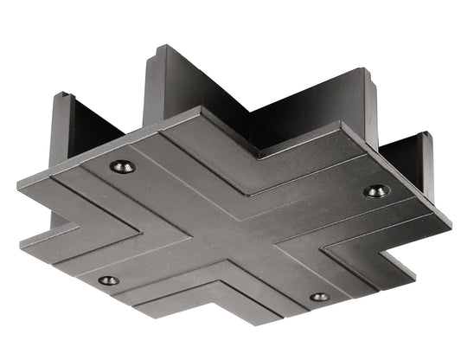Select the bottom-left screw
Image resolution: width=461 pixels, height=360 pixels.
point(109,280)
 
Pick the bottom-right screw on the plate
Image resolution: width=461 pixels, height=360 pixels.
point(320,297)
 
